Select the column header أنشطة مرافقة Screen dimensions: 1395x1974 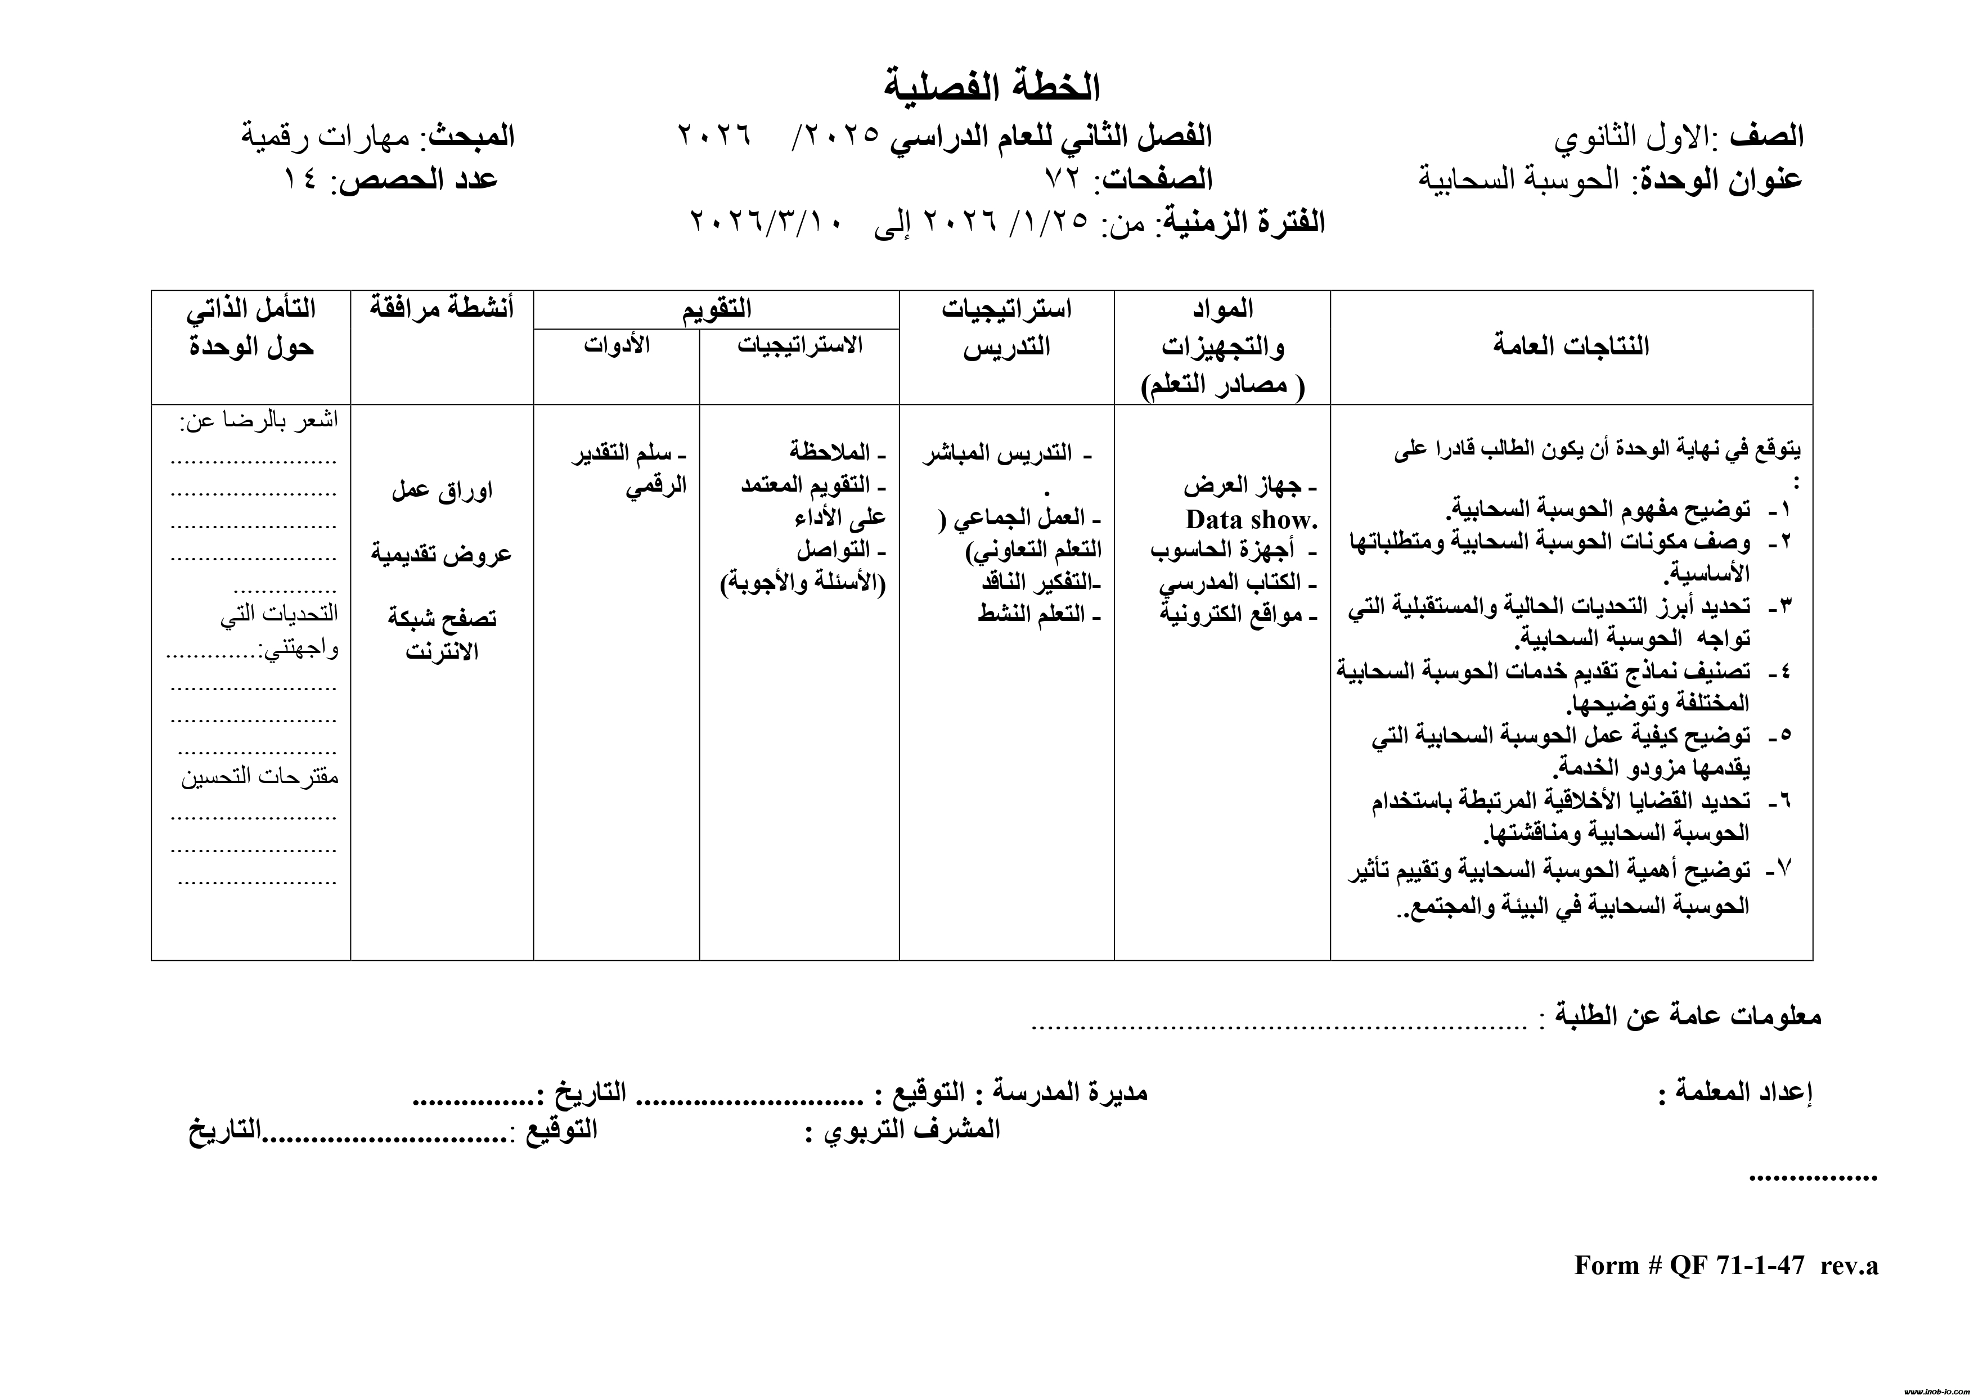pyautogui.click(x=442, y=308)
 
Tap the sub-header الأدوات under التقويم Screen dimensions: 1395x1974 pyautogui.click(x=617, y=345)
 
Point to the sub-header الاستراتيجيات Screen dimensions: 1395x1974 pyautogui.click(x=799, y=345)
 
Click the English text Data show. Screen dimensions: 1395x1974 pyautogui.click(x=1251, y=520)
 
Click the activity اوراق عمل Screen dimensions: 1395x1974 pyautogui.click(x=442, y=491)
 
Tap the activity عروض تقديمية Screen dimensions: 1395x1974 pyautogui.click(x=442, y=553)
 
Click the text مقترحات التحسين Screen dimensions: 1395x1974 pyautogui.click(x=260, y=777)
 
